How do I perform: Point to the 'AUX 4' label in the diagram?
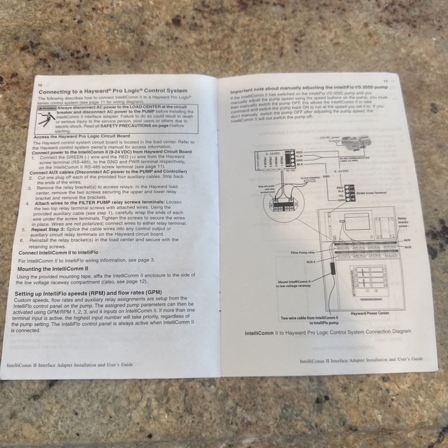tap(311, 262)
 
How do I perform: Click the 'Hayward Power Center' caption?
tap(370, 313)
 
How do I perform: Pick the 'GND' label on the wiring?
tap(326, 177)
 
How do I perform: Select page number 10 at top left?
tap(40, 85)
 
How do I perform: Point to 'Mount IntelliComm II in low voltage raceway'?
tap(293, 284)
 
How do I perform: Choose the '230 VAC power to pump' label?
tap(331, 139)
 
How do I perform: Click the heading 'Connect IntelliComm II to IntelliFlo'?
tap(58, 253)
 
